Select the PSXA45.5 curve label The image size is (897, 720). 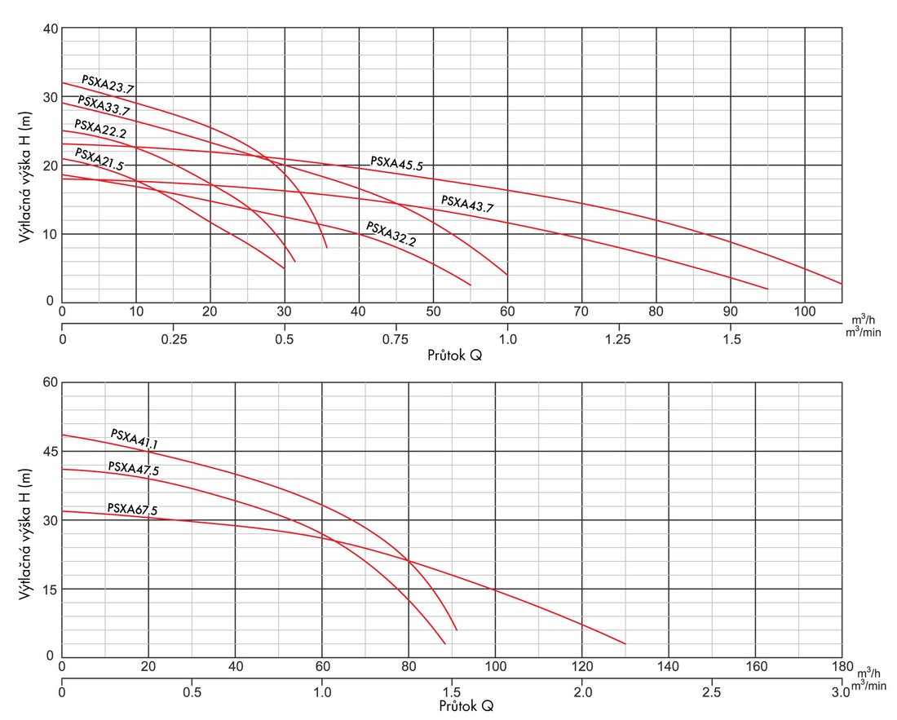click(x=396, y=163)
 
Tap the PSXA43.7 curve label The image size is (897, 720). click(x=467, y=204)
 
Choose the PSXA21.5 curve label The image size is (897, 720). click(x=99, y=158)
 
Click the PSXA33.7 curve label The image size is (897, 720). click(x=104, y=105)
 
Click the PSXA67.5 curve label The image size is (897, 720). click(x=132, y=510)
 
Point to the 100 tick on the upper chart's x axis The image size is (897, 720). click(x=805, y=311)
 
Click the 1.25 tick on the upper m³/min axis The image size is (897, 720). click(x=619, y=339)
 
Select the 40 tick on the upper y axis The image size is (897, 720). click(x=49, y=29)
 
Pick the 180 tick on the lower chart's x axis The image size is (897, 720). click(x=842, y=666)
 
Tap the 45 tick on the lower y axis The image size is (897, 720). click(x=49, y=451)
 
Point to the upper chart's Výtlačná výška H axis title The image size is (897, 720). click(x=25, y=166)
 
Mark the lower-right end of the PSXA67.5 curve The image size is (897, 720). click(x=625, y=643)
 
